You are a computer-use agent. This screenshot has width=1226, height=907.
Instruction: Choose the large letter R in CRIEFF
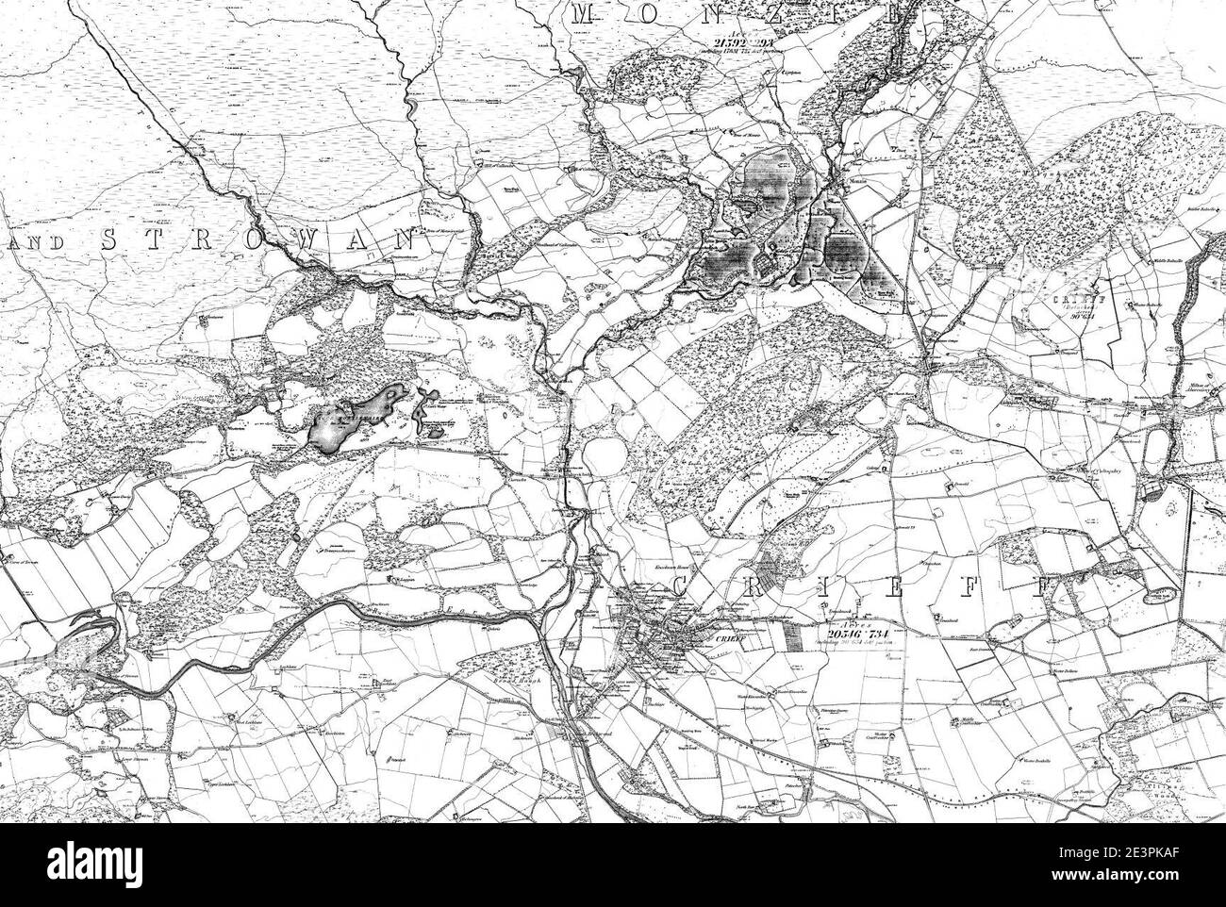pyautogui.click(x=770, y=587)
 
